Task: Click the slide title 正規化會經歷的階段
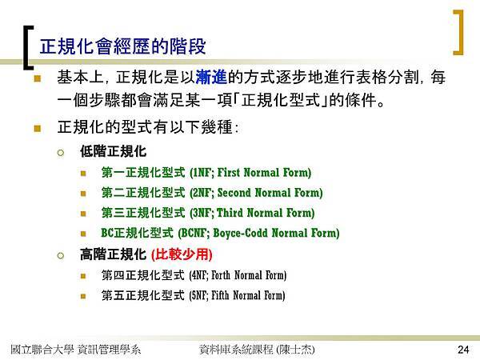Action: point(122,46)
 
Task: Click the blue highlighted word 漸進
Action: point(211,77)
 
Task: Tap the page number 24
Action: point(463,350)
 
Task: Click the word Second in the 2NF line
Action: point(234,193)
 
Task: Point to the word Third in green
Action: point(230,213)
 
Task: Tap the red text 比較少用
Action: point(182,254)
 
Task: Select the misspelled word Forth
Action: point(221,275)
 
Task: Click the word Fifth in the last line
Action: point(220,295)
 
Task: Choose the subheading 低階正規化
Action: point(114,151)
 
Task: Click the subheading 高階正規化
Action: point(114,254)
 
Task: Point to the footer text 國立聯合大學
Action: point(42,350)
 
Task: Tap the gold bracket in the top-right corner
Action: point(460,33)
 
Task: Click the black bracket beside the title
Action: point(26,47)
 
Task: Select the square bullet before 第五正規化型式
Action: point(83,296)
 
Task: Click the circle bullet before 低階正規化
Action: point(61,153)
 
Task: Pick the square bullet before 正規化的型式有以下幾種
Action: point(38,128)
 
